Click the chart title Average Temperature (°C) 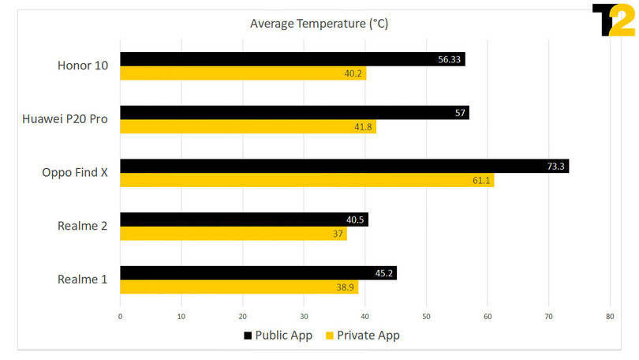click(319, 24)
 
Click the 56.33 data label click(450, 59)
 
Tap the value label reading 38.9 click(345, 288)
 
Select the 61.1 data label click(480, 181)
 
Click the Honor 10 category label click(83, 66)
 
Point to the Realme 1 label click(83, 279)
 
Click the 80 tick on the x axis click(610, 317)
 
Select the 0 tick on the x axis click(120, 317)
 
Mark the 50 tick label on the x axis click(426, 317)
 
